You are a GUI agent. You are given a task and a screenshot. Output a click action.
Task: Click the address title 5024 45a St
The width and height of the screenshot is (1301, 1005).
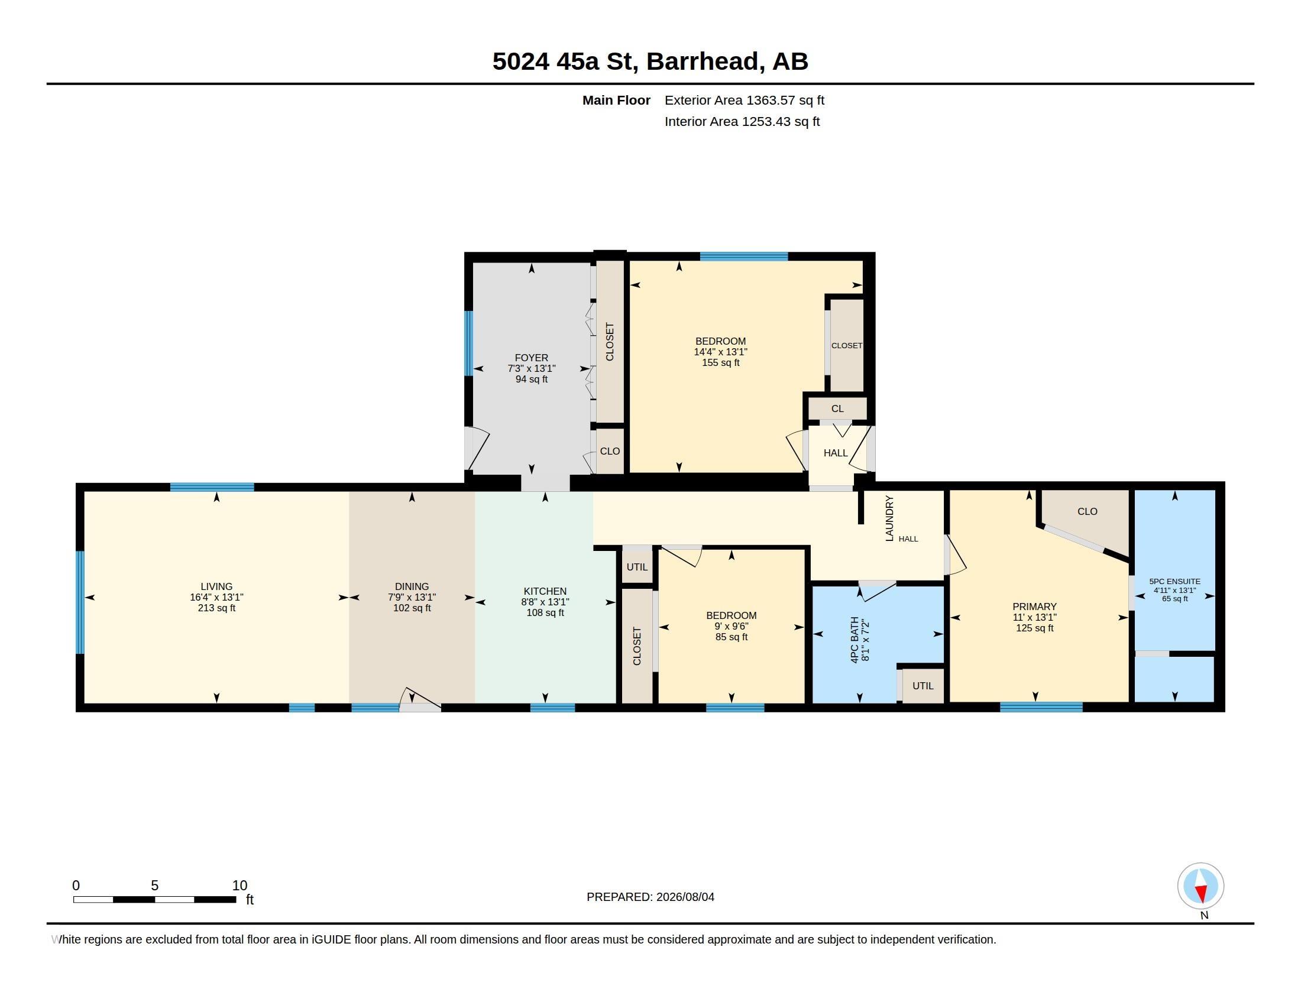point(565,61)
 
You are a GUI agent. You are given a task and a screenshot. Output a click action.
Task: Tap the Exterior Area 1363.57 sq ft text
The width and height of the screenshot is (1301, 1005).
point(744,100)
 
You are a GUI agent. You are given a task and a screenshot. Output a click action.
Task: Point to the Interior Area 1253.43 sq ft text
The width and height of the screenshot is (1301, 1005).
point(742,121)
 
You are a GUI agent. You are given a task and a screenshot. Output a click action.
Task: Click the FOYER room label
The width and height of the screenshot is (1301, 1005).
point(532,358)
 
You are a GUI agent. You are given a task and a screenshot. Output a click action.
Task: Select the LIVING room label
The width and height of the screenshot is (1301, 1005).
point(216,586)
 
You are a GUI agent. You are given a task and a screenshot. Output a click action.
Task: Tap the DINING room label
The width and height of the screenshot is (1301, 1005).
point(412,586)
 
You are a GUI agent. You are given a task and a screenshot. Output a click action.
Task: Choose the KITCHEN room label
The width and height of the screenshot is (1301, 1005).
point(545,591)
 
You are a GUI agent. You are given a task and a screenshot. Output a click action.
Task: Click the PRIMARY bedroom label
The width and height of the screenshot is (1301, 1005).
point(1035,607)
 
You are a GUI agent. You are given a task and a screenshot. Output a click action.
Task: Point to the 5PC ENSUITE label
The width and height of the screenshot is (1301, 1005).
point(1174,581)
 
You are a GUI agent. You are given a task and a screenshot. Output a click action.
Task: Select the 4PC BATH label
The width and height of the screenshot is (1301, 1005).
point(855,640)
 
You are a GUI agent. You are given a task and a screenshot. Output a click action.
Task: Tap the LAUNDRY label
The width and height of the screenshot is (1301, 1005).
point(889,518)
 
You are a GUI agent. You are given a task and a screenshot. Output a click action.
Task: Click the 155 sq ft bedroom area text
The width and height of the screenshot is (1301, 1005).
point(720,362)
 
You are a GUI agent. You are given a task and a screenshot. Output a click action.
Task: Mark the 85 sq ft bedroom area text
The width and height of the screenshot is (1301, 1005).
point(732,637)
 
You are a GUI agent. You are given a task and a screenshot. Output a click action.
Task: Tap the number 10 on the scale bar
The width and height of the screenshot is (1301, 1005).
point(240,886)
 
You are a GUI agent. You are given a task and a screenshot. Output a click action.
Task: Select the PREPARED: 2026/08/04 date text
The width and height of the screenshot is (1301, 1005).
point(650,897)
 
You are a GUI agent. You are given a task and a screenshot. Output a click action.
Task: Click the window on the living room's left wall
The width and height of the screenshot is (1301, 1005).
point(80,602)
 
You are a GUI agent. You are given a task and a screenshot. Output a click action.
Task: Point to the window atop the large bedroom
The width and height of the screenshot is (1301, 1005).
point(743,257)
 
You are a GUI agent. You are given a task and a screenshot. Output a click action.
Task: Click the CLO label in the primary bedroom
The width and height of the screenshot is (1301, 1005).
point(1087,511)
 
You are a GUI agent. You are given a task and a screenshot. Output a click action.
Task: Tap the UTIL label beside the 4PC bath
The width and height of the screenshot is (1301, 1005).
point(923,686)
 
